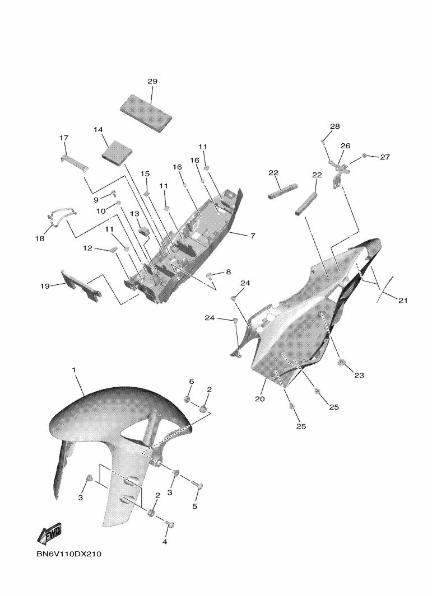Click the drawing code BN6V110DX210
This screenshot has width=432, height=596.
click(x=69, y=554)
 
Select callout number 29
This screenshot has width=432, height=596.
click(x=152, y=81)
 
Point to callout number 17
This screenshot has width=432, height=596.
click(x=63, y=138)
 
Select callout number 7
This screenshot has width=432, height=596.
click(x=253, y=236)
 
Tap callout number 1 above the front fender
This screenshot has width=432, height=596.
click(x=74, y=370)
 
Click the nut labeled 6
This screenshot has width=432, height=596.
click(x=187, y=398)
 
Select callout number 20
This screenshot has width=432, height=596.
click(x=260, y=398)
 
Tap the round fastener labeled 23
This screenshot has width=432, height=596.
click(x=341, y=362)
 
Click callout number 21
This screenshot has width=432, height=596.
click(x=403, y=301)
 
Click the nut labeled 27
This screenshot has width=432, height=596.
click(x=364, y=156)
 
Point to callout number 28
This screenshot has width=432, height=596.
click(x=335, y=126)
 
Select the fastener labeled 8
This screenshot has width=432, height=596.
click(x=209, y=275)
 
